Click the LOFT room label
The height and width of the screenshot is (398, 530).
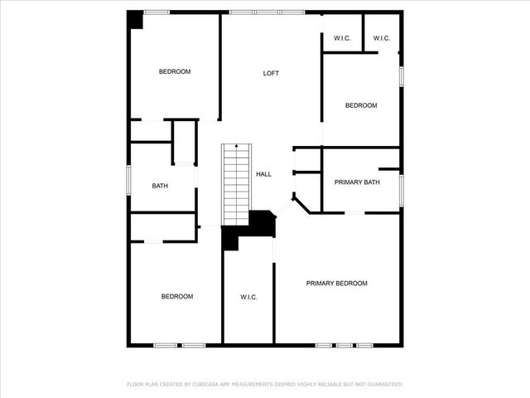tap(271, 73)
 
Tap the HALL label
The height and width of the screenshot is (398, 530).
tap(263, 174)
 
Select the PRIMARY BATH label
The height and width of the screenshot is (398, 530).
tap(357, 182)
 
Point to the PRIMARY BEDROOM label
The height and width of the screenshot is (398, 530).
tap(336, 284)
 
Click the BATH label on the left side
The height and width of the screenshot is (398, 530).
tap(160, 186)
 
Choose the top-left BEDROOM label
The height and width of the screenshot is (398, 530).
tap(175, 71)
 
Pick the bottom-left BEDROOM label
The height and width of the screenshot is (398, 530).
tap(176, 297)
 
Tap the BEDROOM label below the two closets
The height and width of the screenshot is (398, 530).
tap(361, 105)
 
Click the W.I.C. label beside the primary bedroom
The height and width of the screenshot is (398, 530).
tap(249, 297)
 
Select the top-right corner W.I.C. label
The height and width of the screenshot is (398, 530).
tap(382, 38)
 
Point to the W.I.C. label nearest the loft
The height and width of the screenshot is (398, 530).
tap(342, 38)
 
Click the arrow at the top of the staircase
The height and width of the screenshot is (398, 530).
tap(237, 147)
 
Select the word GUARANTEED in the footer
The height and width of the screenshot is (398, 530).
tap(382, 385)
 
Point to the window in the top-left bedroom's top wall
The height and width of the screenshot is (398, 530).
tap(157, 12)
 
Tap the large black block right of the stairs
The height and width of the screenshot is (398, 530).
tap(263, 223)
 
